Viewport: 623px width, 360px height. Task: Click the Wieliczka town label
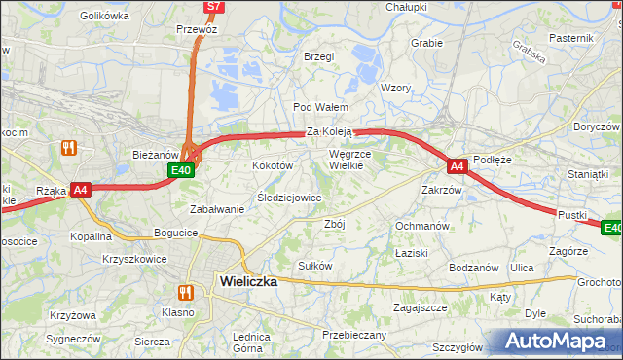point(249,281)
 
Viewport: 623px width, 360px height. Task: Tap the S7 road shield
point(215,7)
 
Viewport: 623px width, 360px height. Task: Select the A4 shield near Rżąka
point(82,191)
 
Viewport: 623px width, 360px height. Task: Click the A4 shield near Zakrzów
point(458,166)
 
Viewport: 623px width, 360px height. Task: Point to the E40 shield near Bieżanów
point(180,170)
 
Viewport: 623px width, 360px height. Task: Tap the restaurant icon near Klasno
point(184,292)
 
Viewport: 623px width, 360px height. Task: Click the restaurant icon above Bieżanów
point(68,148)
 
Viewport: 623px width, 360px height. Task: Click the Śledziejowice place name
point(289,198)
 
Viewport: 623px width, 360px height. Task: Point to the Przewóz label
point(196,30)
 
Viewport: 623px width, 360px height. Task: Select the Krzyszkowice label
point(134,260)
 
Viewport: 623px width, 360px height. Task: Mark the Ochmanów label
point(421,226)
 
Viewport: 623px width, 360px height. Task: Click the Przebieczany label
point(354,335)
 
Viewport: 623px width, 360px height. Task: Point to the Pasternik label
point(570,37)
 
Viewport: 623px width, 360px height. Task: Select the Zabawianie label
point(217,209)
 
